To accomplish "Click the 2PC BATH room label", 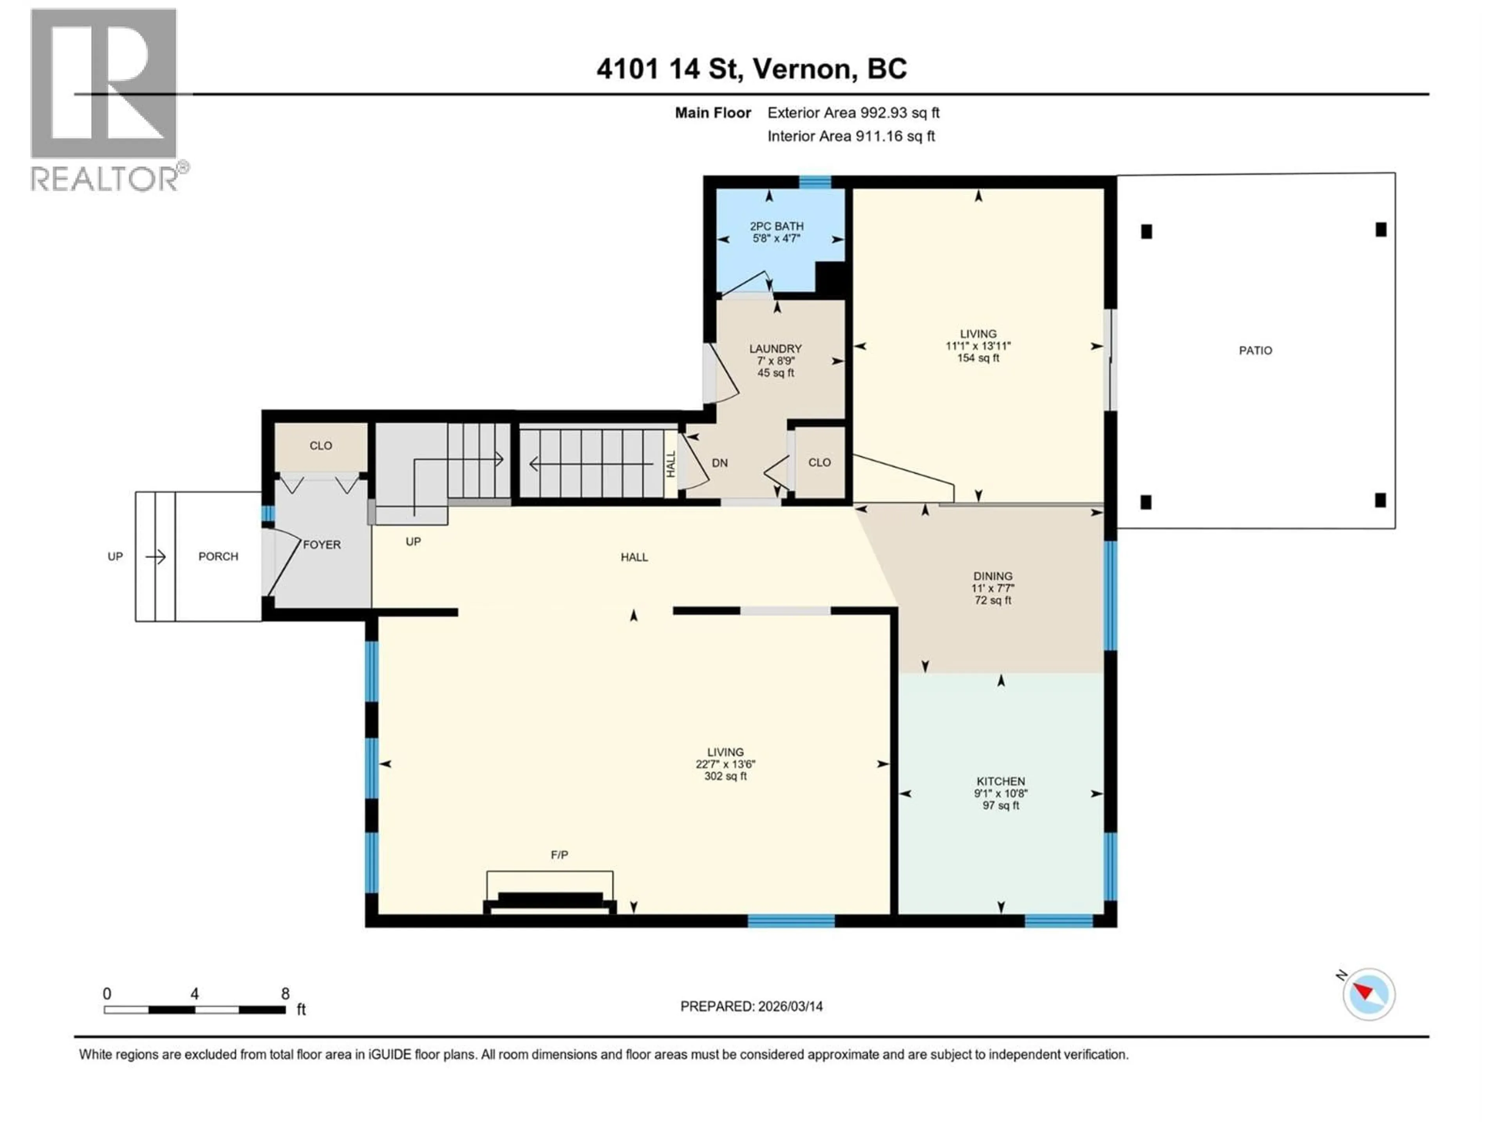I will coord(776,226).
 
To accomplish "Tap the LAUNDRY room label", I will coord(775,348).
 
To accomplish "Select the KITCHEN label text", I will coord(1000,781).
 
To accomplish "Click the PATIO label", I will coord(1255,350).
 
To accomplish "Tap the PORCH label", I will coord(218,556).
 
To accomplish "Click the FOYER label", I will coord(322,545).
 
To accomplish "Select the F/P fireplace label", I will coord(559,855).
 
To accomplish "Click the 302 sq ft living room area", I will coord(725,776).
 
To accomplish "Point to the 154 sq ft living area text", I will coord(978,358).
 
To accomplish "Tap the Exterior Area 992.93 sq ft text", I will coord(853,113).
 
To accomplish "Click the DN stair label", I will coord(719,463).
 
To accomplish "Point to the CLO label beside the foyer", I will coord(321,445).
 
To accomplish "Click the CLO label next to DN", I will coord(819,462).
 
